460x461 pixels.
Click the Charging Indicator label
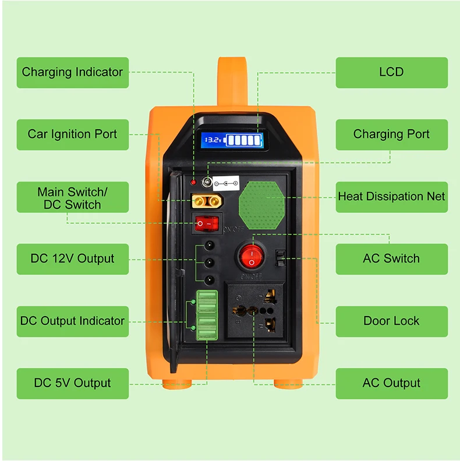pos(72,73)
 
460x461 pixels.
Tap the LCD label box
pos(391,73)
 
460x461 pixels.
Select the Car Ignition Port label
pos(72,134)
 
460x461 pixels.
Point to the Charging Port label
pos(391,134)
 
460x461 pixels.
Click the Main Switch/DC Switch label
pos(72,197)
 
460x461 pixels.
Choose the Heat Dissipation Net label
pos(391,197)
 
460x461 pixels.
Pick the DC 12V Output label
pos(72,259)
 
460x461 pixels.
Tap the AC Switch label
pos(391,259)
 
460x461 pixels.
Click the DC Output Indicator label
pos(72,321)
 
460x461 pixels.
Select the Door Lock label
pos(391,321)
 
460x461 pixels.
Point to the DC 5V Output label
pos(72,384)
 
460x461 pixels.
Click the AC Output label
pos(391,384)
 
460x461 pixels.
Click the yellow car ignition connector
pos(206,202)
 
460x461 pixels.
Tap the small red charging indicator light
pos(193,183)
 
